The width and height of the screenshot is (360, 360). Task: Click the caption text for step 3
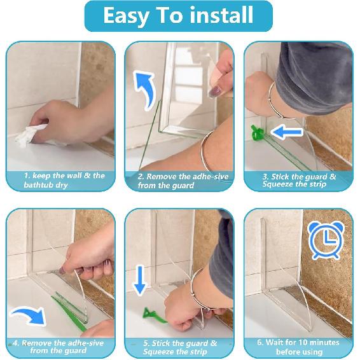tap(299, 180)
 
